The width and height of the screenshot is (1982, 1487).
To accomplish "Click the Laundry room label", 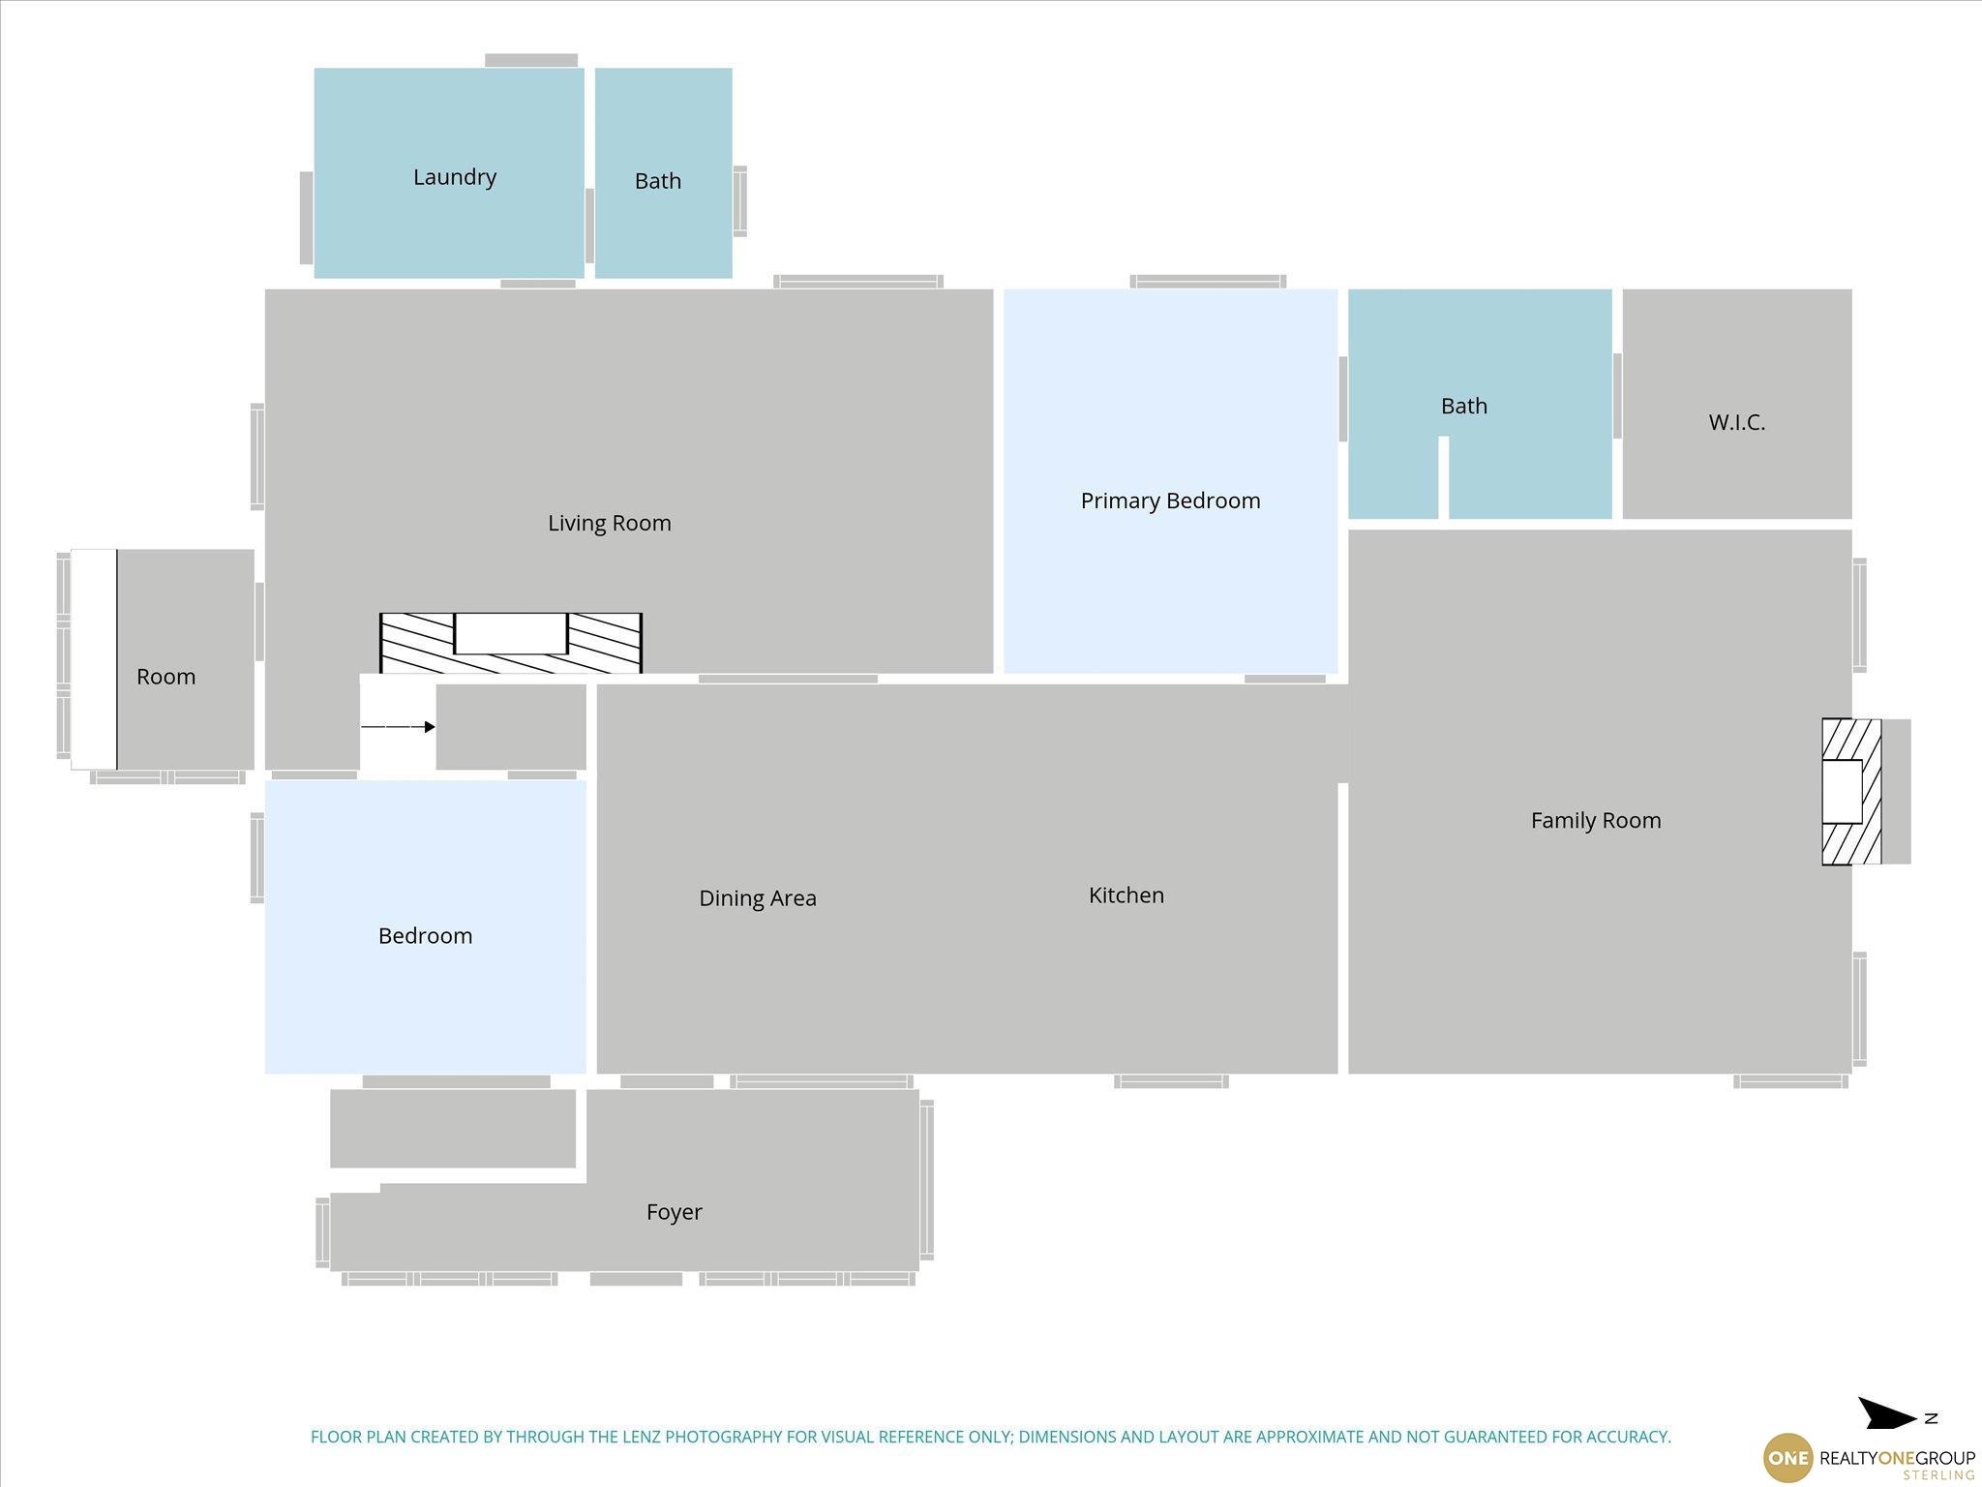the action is pyautogui.click(x=454, y=177).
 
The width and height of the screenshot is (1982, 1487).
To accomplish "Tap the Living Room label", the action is pyautogui.click(x=610, y=524).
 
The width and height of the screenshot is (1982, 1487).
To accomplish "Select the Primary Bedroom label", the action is pyautogui.click(x=1170, y=501).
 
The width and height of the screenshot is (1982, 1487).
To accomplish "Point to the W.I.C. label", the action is pyautogui.click(x=1737, y=422).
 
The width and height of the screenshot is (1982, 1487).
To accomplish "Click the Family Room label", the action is pyautogui.click(x=1596, y=821).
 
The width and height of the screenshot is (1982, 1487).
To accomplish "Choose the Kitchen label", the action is pyautogui.click(x=1126, y=895).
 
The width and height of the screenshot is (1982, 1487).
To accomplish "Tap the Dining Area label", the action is pyautogui.click(x=758, y=899).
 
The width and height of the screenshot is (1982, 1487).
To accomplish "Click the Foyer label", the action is pyautogui.click(x=675, y=1212).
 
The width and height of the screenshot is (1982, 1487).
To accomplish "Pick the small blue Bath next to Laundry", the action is pyautogui.click(x=663, y=173).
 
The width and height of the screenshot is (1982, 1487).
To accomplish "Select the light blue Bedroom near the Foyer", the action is pyautogui.click(x=426, y=926).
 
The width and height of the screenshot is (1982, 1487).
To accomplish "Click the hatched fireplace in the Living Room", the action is pyautogui.click(x=511, y=643).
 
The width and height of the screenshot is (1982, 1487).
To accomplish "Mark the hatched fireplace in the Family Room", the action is pyautogui.click(x=1851, y=792).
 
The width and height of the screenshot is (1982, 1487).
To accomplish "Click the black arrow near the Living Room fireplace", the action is pyautogui.click(x=398, y=727).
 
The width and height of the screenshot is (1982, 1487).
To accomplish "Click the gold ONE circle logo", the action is pyautogui.click(x=1787, y=1458).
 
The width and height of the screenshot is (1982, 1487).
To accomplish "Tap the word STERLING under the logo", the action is pyautogui.click(x=1938, y=1475).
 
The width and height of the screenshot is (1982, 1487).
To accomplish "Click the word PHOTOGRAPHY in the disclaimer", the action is pyautogui.click(x=722, y=1437).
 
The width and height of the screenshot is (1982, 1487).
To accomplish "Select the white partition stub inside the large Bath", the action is pyautogui.click(x=1444, y=477).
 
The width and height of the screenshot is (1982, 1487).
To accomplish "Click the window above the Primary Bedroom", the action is pyautogui.click(x=1208, y=282).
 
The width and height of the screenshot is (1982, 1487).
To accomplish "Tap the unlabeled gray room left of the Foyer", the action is pyautogui.click(x=453, y=1129).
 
